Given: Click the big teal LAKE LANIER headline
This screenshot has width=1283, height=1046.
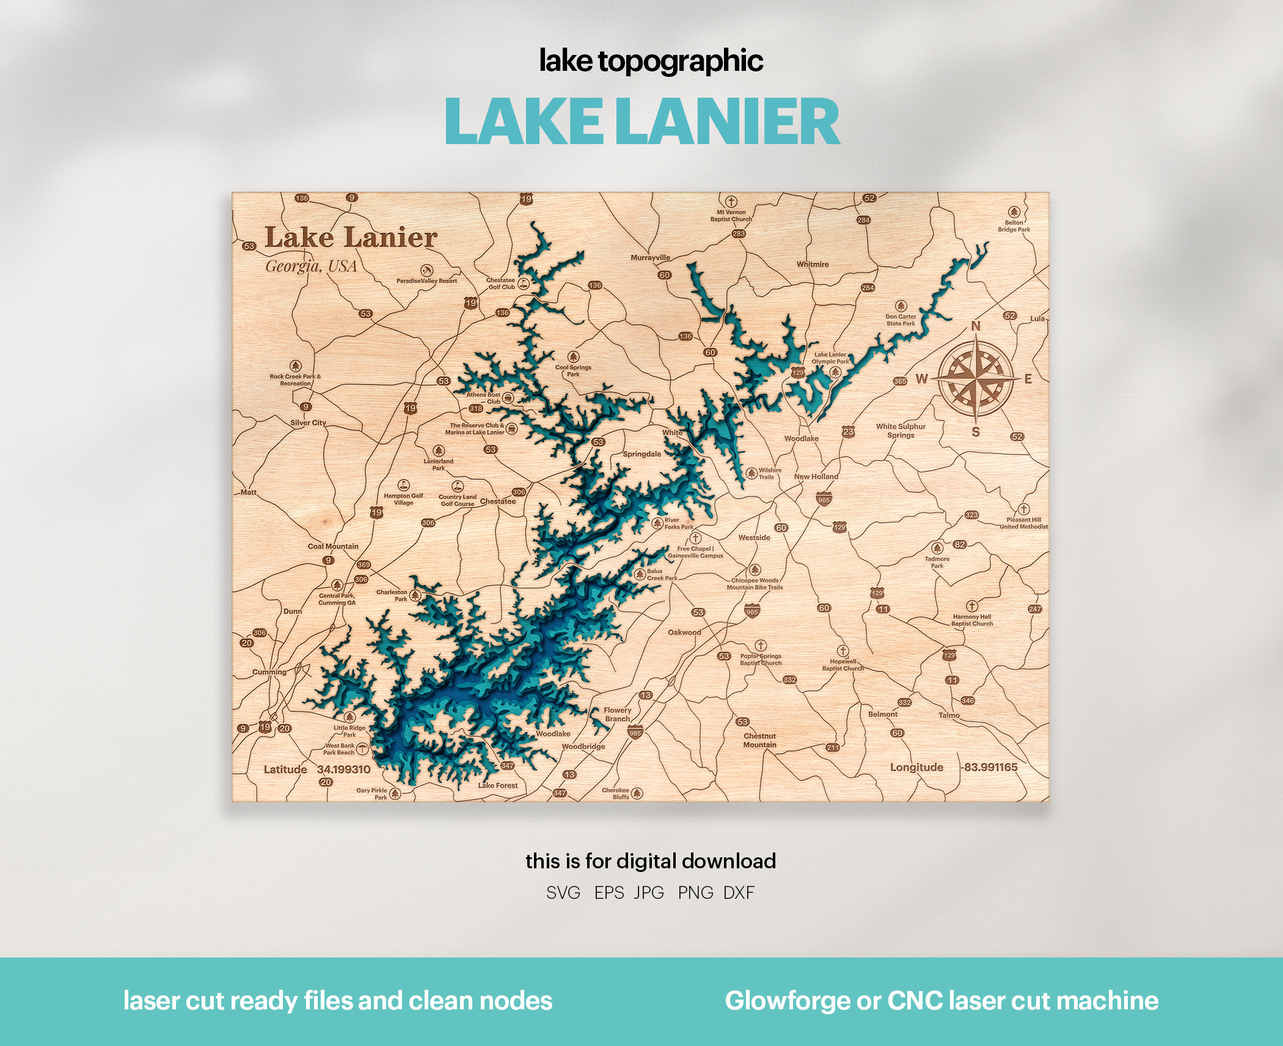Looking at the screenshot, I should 641,122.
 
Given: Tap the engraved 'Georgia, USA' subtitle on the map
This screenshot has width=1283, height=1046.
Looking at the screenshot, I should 311,266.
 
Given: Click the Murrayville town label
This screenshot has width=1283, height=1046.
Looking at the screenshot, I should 650,258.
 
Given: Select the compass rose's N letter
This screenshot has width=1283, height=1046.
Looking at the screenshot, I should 976,326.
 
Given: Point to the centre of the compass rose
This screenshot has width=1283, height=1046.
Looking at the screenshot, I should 975,379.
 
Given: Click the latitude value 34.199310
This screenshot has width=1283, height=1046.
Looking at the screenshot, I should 343,769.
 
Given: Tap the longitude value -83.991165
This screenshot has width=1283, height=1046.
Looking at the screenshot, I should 989,767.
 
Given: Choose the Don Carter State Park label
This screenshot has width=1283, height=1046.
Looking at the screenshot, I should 901,320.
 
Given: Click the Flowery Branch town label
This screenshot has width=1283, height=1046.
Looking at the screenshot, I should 617,714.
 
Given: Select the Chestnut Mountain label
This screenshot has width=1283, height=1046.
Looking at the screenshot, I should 759,740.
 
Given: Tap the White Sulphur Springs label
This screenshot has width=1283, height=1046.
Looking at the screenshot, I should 901,430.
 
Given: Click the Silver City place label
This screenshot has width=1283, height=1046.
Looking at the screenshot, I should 308,423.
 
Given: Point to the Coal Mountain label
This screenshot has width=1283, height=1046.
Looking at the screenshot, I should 333,546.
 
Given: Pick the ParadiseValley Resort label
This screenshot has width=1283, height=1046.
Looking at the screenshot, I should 426,281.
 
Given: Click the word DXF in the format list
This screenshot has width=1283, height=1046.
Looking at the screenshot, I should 739,893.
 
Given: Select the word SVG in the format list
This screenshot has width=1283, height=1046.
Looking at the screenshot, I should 563,893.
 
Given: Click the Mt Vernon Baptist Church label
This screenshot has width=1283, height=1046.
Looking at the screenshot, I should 731,216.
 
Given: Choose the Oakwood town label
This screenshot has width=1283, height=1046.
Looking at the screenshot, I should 684,632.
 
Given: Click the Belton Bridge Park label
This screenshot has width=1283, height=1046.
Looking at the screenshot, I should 1014,226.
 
